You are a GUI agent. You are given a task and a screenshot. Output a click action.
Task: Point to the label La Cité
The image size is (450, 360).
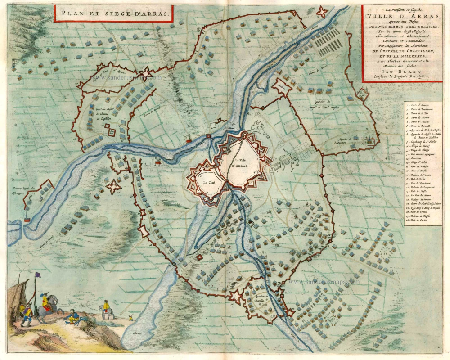[208, 182]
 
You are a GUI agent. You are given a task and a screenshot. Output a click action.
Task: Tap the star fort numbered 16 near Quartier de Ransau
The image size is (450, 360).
[235, 296]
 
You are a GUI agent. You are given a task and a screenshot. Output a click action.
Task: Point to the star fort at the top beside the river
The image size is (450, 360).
[322, 12]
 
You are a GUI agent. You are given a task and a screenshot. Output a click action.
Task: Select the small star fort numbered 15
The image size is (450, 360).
[290, 312]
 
